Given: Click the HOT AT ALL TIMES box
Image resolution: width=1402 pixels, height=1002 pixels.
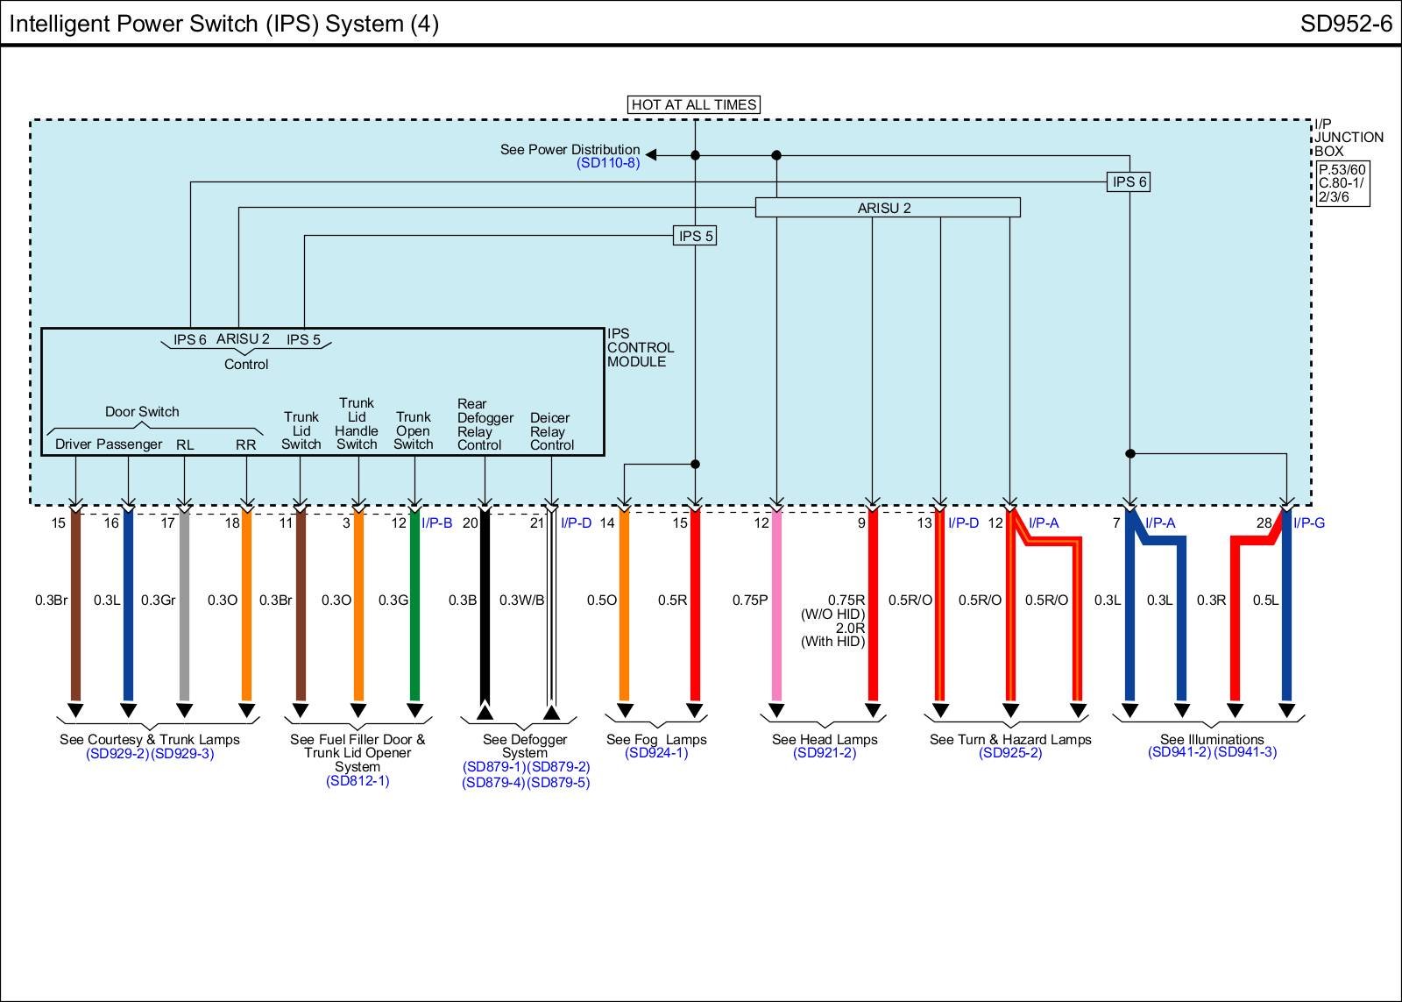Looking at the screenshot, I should click(694, 104).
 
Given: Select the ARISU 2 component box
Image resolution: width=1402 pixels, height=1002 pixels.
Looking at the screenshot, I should click(887, 208).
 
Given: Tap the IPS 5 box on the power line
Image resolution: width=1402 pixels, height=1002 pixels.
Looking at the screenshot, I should click(696, 236).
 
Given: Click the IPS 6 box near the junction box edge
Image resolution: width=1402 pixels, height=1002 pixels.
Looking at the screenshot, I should click(1129, 182).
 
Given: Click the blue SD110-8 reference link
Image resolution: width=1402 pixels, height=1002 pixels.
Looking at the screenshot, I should click(608, 163).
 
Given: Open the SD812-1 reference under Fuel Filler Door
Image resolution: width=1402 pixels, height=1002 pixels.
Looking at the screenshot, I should click(358, 780).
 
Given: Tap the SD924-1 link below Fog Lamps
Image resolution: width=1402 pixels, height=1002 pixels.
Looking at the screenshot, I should click(656, 753).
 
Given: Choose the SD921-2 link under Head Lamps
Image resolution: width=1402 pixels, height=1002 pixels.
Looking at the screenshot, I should click(825, 753).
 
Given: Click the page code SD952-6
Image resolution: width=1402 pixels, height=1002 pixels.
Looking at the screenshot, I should click(1346, 23).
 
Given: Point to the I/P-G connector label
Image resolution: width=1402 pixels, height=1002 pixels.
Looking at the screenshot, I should click(1308, 523).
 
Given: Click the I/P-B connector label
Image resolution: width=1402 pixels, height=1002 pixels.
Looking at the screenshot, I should click(436, 523).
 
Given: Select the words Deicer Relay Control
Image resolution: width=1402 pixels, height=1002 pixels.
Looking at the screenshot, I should click(551, 431).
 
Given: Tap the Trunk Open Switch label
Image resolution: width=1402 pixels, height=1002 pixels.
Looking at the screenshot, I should click(413, 431).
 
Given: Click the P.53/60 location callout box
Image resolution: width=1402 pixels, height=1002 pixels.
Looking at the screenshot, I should click(1342, 183).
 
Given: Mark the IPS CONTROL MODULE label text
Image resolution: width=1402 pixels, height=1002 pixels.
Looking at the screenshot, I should click(640, 348).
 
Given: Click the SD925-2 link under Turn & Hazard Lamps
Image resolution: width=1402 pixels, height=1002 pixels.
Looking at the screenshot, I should click(1010, 753).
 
